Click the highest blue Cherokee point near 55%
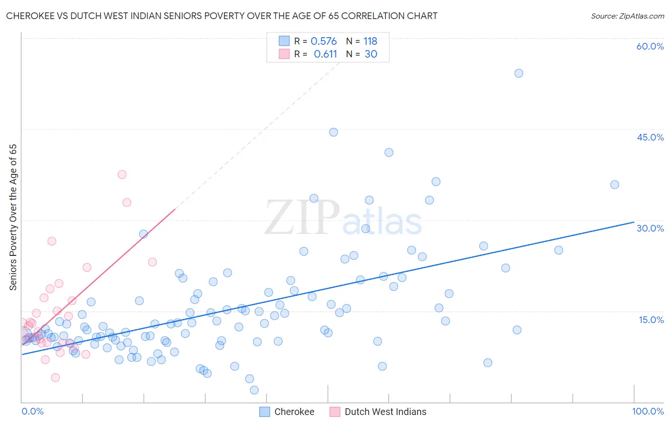pos(519,73)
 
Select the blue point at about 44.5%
pos(334,132)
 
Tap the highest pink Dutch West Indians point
pos(122,174)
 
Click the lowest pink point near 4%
pos(55,377)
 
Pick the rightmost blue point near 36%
pos(615,185)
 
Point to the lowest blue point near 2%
pos(254,390)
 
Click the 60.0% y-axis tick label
pos(650,46)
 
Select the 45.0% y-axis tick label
pos(650,137)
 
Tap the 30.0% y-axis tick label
pos(650,228)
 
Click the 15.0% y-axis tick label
pos(651,320)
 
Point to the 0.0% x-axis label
pos(32,411)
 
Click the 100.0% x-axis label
pos(648,411)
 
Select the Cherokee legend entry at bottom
pos(287,412)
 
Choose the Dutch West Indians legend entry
pos(378,412)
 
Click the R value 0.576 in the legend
pos(324,41)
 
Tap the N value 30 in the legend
pos(371,54)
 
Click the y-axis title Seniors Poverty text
pos(13,217)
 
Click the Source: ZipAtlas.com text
pos(627,16)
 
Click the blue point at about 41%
pos(389,152)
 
